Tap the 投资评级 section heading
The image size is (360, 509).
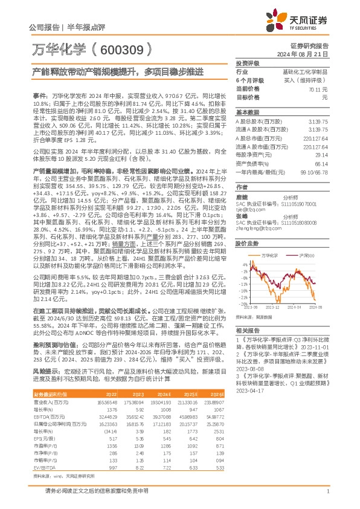pos(248,63)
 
